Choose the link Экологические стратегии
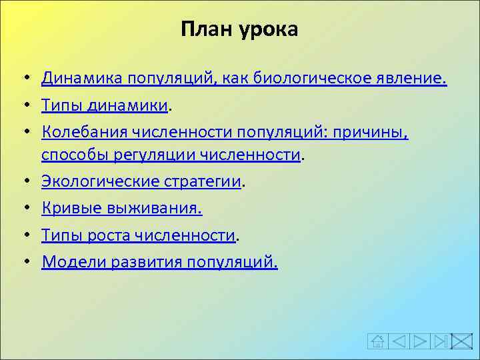click(141, 181)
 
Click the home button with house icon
click(377, 341)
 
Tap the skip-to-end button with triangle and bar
click(441, 341)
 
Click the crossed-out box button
click(461, 341)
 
